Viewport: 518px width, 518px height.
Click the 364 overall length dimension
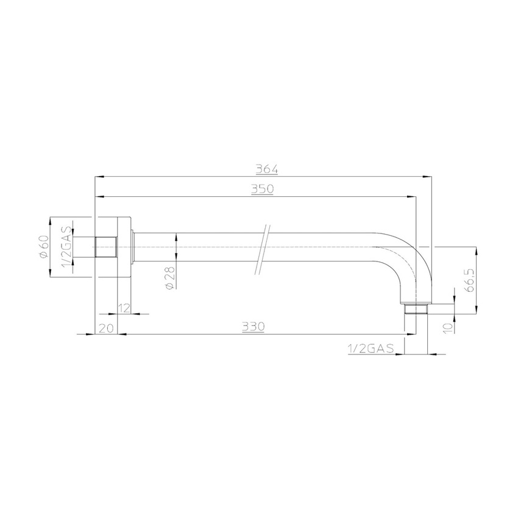click(x=263, y=169)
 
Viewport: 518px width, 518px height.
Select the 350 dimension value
click(x=263, y=189)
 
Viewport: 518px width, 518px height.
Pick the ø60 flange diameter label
click(x=44, y=247)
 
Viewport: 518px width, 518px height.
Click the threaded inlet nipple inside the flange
click(x=106, y=247)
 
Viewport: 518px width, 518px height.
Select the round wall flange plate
click(x=124, y=247)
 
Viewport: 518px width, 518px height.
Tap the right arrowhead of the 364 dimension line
click(x=428, y=177)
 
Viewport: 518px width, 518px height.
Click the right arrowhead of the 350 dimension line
click(x=412, y=197)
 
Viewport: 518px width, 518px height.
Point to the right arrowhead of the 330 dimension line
click(x=412, y=335)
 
